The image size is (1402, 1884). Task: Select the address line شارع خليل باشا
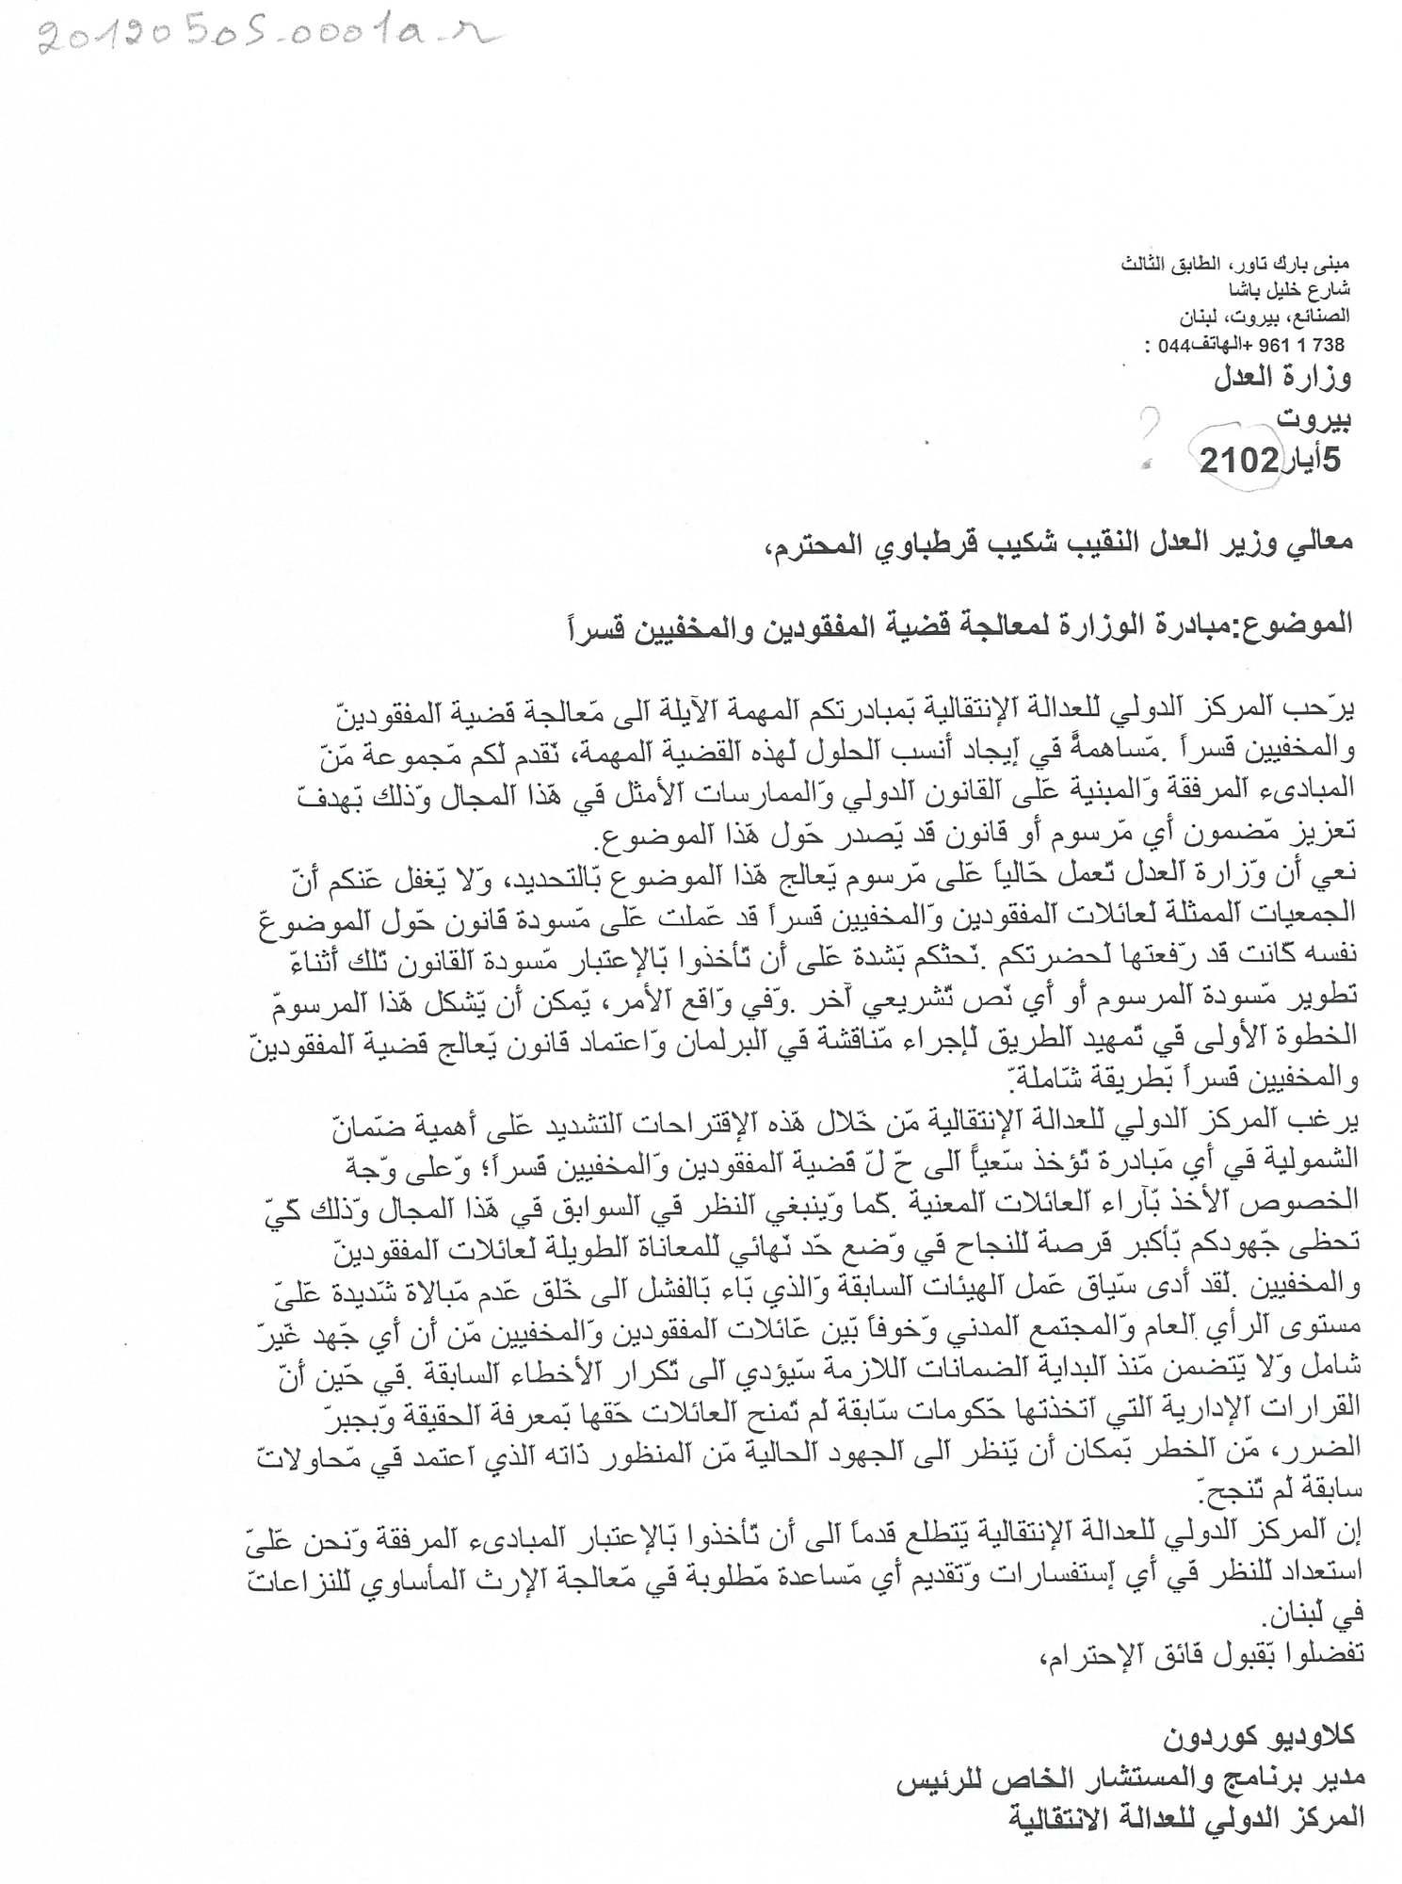point(1297,289)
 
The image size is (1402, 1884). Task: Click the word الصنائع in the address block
point(1320,317)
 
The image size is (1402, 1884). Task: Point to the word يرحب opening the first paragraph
point(1324,707)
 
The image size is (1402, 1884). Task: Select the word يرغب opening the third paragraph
point(1324,1121)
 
